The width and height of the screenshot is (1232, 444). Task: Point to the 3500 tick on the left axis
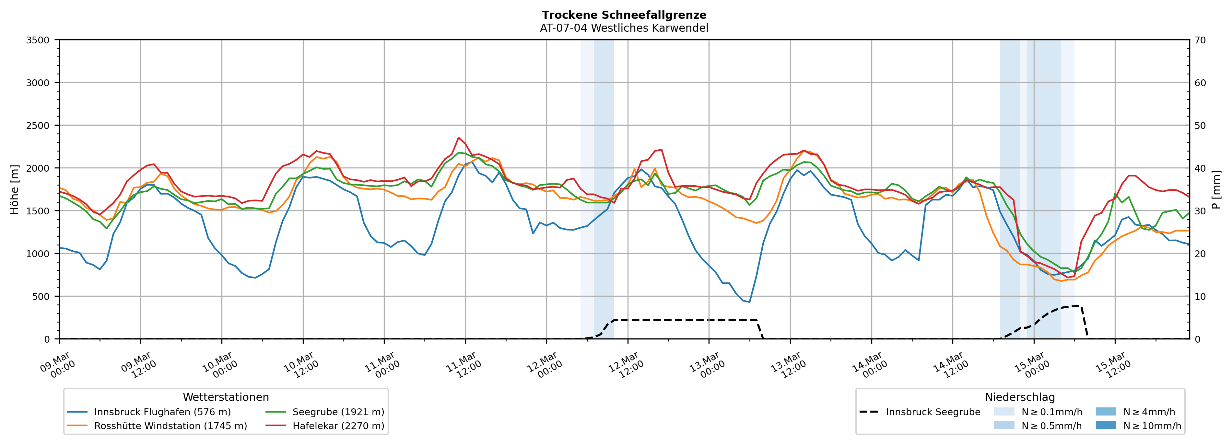(38, 40)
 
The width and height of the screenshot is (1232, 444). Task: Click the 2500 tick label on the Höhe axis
(38, 126)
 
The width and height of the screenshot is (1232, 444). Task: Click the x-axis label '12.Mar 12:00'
(625, 366)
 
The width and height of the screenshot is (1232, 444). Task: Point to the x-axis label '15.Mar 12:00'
(1112, 366)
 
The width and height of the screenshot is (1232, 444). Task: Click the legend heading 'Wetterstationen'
(226, 397)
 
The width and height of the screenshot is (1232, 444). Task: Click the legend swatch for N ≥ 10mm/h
(1106, 425)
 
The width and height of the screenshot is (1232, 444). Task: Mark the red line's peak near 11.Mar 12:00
(459, 138)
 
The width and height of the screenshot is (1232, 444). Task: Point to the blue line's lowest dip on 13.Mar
(749, 302)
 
